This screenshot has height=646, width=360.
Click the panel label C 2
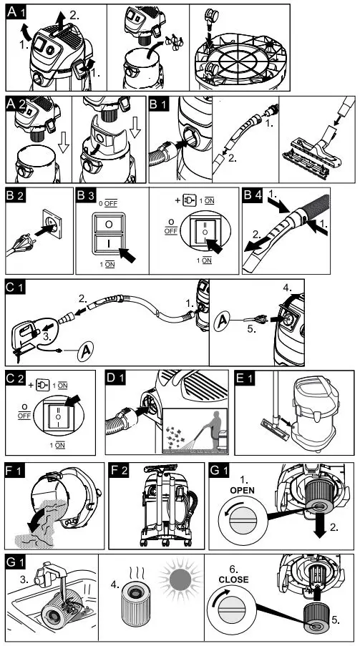18,381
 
